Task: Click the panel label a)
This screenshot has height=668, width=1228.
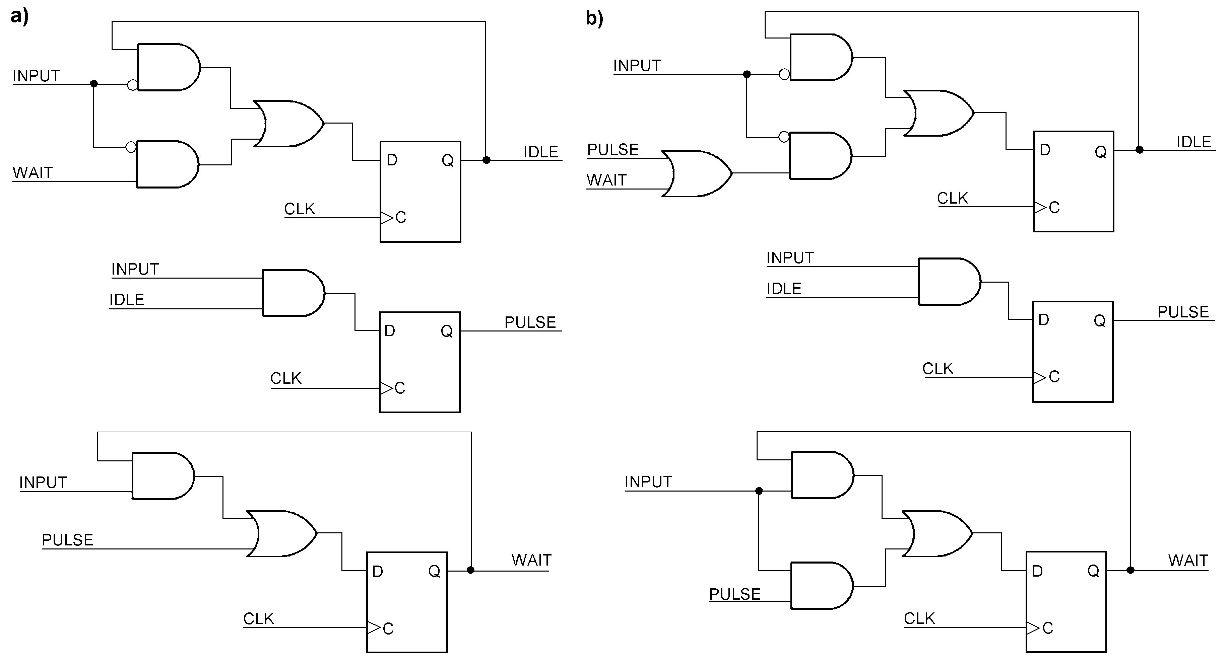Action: coord(19,16)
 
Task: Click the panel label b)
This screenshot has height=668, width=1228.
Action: coord(594,18)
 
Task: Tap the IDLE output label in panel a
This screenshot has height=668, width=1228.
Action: coord(540,152)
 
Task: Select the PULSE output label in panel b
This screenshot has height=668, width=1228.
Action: coord(1183,312)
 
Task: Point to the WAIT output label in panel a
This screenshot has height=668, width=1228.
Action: coord(531,560)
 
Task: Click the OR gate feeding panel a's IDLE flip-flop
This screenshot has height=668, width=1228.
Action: coord(288,124)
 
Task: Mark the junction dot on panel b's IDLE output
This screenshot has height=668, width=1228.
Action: coord(1139,150)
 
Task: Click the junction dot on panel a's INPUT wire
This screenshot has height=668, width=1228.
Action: coord(94,84)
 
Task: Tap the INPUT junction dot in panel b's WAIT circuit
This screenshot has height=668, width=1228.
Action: coord(759,491)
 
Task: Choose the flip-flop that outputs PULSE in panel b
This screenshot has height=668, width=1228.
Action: coord(1073,352)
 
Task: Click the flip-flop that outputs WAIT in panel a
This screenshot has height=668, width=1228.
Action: coord(407,602)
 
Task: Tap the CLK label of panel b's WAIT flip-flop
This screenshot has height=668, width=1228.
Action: coord(919,618)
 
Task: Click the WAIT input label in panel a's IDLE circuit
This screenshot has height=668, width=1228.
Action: coord(33,172)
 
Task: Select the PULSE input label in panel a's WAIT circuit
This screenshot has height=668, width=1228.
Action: coord(67,540)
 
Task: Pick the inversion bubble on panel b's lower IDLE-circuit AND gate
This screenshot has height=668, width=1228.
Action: coord(784,137)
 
